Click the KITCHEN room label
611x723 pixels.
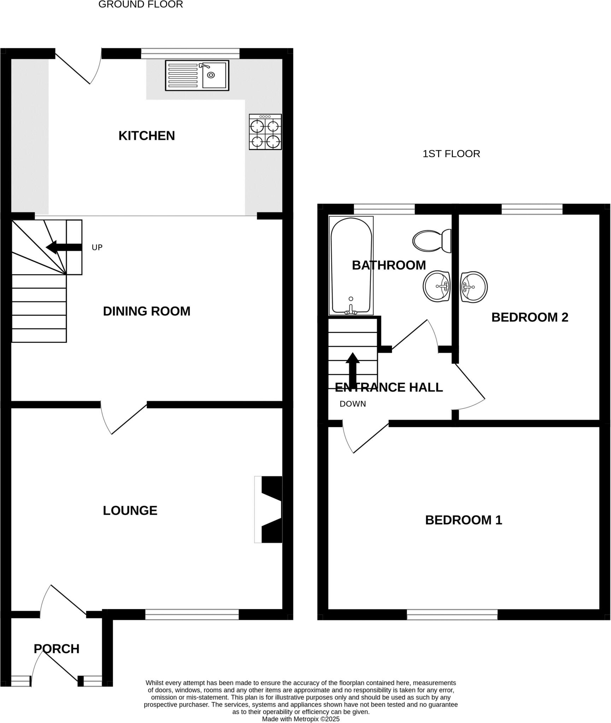click(x=147, y=136)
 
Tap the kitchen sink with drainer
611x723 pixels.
click(x=197, y=75)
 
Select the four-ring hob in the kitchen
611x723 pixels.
click(x=265, y=132)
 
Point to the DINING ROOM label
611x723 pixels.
click(x=147, y=311)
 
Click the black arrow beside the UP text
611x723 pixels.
click(x=64, y=247)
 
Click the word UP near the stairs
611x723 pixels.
click(x=97, y=247)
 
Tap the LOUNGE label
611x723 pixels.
click(x=130, y=510)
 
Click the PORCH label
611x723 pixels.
click(x=57, y=649)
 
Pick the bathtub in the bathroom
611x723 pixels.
click(x=351, y=265)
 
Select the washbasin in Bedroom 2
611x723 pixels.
click(x=474, y=287)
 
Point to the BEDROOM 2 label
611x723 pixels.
click(x=530, y=317)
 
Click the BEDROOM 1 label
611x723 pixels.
click(x=464, y=520)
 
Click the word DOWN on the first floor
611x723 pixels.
click(x=353, y=404)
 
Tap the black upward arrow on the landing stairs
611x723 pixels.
click(x=352, y=369)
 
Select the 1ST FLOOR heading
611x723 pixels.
click(x=451, y=154)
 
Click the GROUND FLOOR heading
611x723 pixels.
click(x=141, y=5)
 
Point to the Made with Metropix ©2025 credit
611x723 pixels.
click(x=301, y=719)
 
